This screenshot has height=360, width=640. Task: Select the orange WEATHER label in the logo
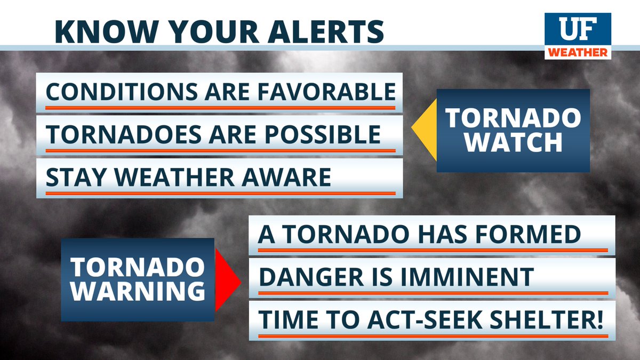pos(577,52)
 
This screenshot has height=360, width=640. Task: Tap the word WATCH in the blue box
pos(513,142)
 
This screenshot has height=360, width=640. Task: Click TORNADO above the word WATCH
pos(513,118)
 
